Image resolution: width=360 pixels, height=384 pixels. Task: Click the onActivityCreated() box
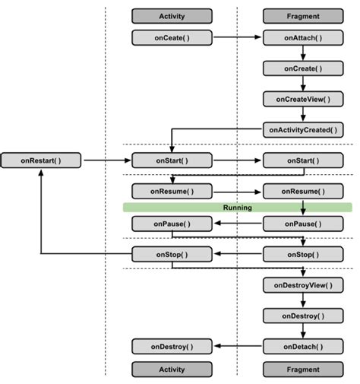[302, 130]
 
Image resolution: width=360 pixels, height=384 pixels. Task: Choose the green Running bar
[238, 207]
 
